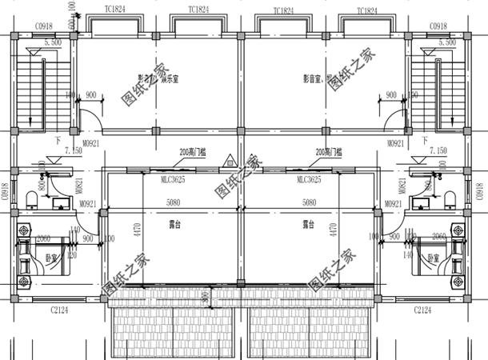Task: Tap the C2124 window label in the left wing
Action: coord(61,309)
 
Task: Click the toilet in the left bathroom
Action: coord(33,198)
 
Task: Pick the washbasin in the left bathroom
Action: coord(58,202)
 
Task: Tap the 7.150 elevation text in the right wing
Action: coord(438,150)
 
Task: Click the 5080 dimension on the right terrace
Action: coord(308,203)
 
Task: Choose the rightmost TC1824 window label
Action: coord(366,10)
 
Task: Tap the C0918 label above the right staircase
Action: coord(438,26)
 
